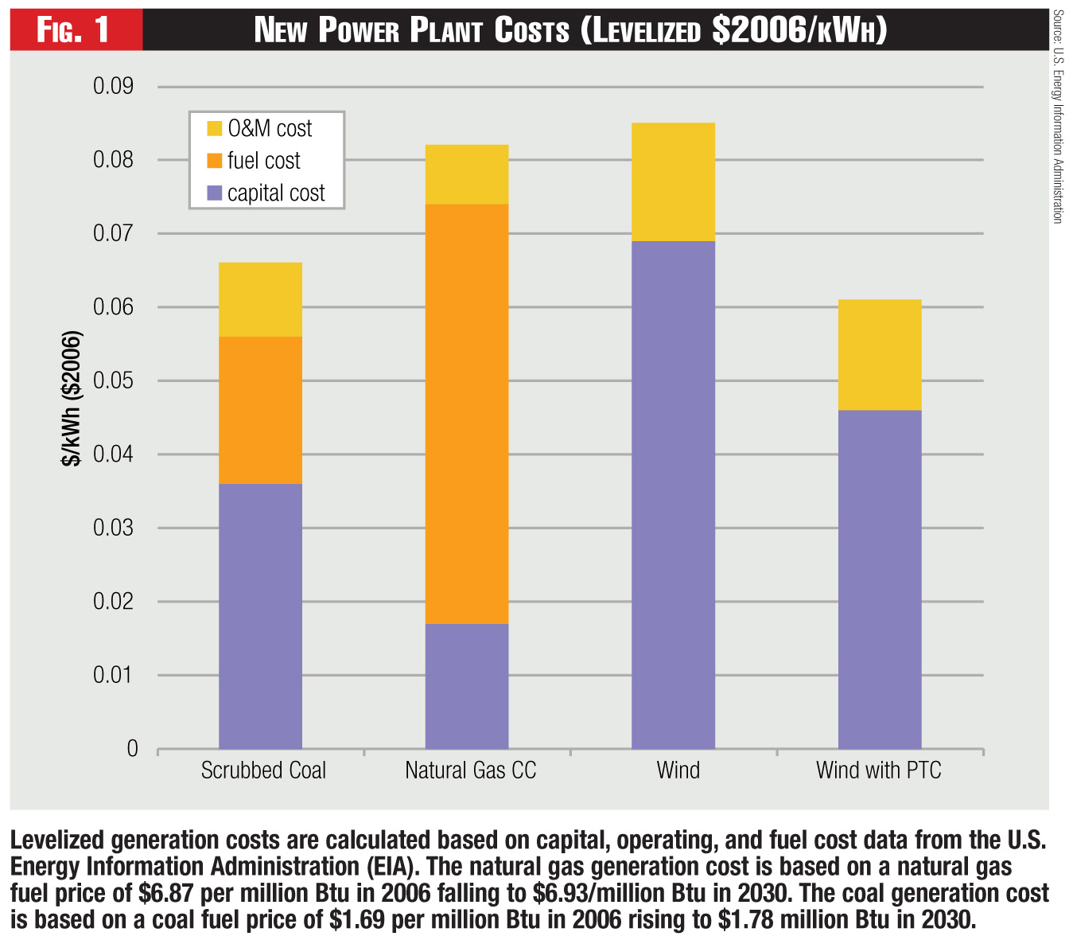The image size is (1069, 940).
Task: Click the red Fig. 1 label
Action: pyautogui.click(x=74, y=30)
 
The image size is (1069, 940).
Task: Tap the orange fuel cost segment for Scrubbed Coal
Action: pyautogui.click(x=260, y=410)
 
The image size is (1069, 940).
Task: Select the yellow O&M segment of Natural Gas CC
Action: pyautogui.click(x=467, y=174)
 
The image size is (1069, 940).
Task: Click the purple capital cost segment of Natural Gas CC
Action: pyautogui.click(x=467, y=686)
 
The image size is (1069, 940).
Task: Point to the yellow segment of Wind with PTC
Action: pyautogui.click(x=880, y=355)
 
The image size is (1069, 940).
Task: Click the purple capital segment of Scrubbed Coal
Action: pyautogui.click(x=260, y=616)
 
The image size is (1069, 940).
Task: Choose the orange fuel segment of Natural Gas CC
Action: pyautogui.click(x=467, y=414)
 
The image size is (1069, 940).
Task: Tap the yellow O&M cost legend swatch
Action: pyautogui.click(x=214, y=128)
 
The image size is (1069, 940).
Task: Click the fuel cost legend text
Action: pyautogui.click(x=263, y=161)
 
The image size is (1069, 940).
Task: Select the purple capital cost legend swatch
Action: pyautogui.click(x=214, y=193)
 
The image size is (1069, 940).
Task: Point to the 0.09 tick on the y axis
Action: pyautogui.click(x=114, y=86)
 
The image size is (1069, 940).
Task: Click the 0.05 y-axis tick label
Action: pyautogui.click(x=114, y=380)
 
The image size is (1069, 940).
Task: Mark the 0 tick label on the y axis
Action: pyautogui.click(x=132, y=748)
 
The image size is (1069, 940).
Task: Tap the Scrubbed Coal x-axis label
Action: pyautogui.click(x=263, y=770)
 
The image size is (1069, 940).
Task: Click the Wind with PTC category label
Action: pyautogui.click(x=878, y=770)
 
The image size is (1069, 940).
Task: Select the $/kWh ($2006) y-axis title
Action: pyautogui.click(x=72, y=397)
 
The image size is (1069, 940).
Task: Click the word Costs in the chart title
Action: pyautogui.click(x=531, y=31)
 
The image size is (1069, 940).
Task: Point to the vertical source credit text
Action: pyautogui.click(x=1057, y=115)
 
